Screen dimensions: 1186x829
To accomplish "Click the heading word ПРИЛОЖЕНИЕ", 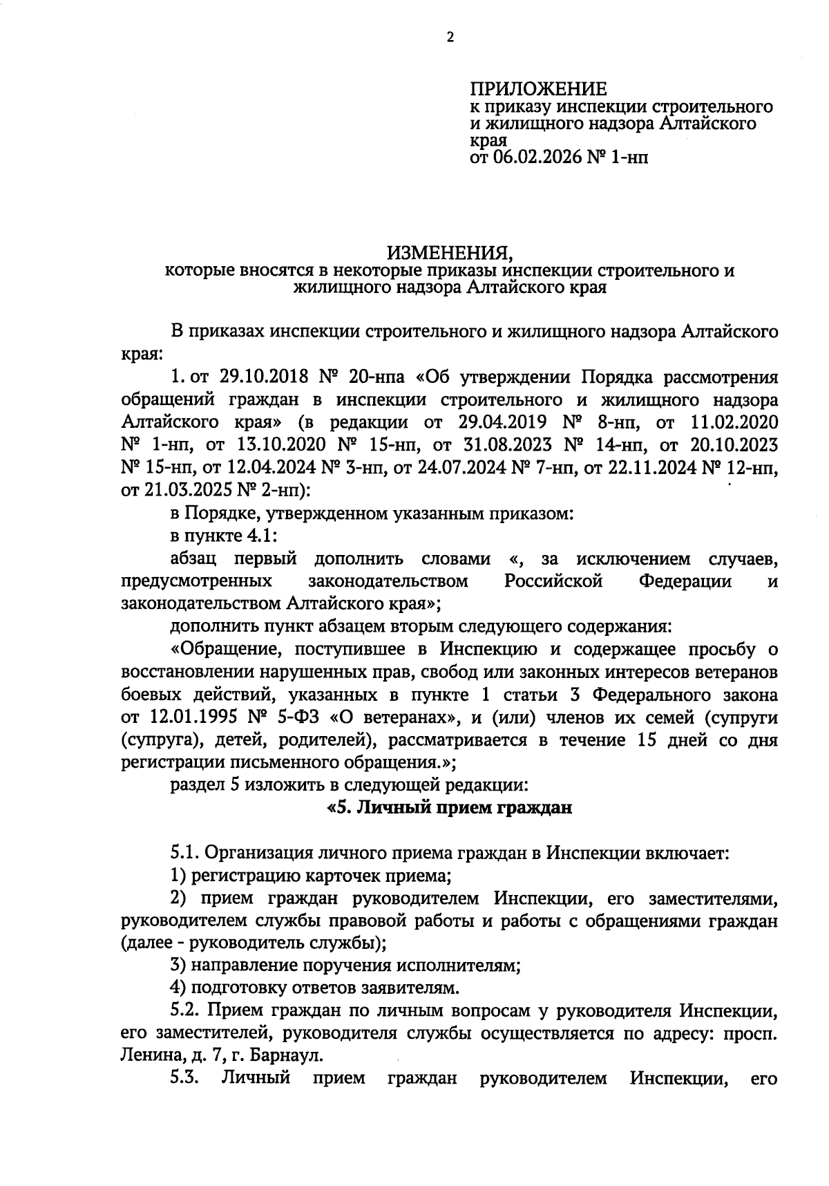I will point(538,89).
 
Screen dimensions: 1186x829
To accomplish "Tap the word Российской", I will point(553,581).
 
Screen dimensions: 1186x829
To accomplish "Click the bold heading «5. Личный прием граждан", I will point(450,807).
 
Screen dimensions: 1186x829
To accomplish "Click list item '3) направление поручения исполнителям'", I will point(345,965).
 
